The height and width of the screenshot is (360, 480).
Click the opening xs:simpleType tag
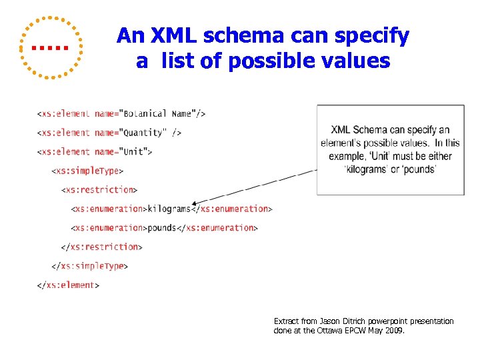[x=87, y=171]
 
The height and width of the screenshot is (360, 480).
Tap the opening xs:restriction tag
[x=99, y=189]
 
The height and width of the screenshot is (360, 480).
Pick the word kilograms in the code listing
[x=169, y=209]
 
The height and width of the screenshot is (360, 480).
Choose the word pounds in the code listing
[x=162, y=227]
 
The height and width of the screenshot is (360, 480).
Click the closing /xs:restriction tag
[x=101, y=247]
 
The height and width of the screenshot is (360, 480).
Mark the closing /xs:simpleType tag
[x=89, y=266]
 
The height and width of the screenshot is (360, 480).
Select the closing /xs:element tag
[x=68, y=285]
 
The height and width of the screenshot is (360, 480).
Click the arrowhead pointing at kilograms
[x=195, y=203]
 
